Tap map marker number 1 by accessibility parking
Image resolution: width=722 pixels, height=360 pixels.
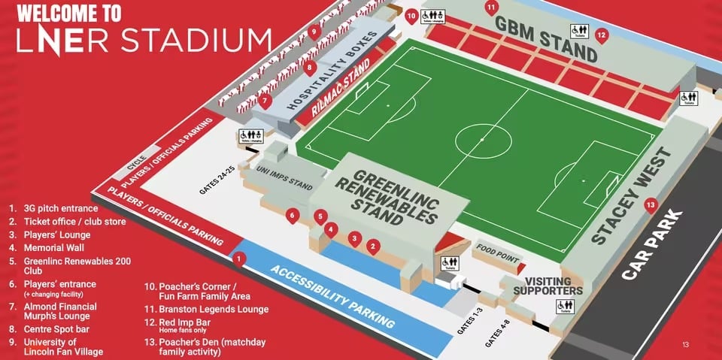point(239,259)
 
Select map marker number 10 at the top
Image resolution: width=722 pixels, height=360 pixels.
point(411,15)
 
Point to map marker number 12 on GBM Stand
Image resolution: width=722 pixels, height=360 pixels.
point(601,35)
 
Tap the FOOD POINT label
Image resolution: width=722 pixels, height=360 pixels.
point(497,251)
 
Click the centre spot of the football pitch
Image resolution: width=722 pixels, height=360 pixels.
point(481,139)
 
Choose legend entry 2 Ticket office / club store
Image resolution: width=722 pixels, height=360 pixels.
point(67,222)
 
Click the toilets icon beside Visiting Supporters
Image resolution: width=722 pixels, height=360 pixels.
point(564,307)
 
